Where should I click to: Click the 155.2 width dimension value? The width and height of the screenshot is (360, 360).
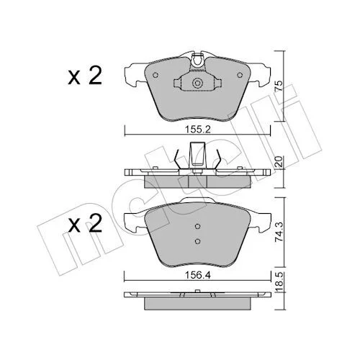pyautogui.click(x=197, y=130)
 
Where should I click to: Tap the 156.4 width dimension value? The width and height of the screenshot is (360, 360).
pyautogui.click(x=197, y=275)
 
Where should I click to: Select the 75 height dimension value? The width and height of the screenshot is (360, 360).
pyautogui.click(x=279, y=86)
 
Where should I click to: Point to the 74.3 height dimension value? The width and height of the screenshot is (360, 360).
pyautogui.click(x=279, y=233)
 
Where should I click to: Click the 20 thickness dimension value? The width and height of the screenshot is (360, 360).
pyautogui.click(x=279, y=161)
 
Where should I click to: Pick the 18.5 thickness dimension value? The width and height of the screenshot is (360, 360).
pyautogui.click(x=279, y=282)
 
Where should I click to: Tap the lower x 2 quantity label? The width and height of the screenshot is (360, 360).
pyautogui.click(x=85, y=224)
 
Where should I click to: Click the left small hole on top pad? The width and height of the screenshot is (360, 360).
pyautogui.click(x=156, y=75)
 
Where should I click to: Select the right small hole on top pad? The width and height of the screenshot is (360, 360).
pyautogui.click(x=240, y=75)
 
